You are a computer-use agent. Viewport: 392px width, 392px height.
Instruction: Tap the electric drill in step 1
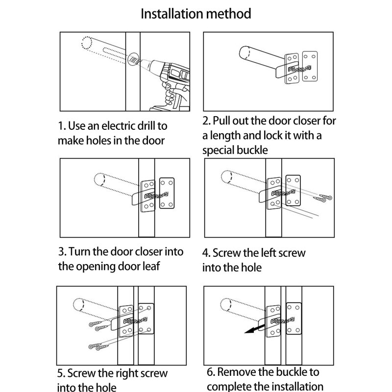tap(169, 78)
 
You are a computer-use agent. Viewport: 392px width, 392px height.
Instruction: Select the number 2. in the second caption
tap(207, 121)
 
